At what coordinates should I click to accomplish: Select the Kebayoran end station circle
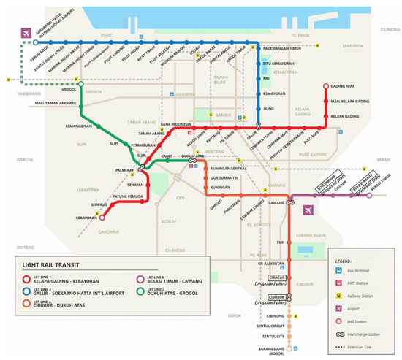102,216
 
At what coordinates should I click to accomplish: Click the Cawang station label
275,203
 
